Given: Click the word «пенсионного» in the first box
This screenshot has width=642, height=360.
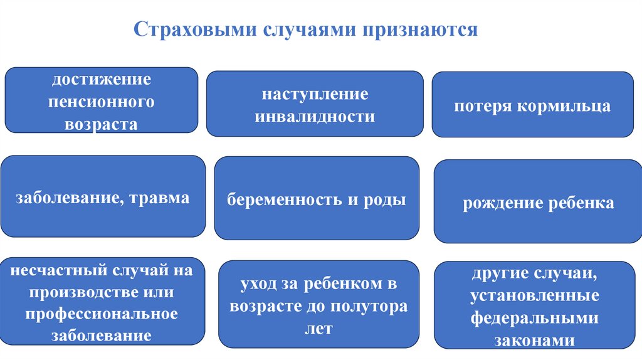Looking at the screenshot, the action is coord(101,102).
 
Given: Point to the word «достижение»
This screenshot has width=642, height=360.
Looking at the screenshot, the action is coord(101,80).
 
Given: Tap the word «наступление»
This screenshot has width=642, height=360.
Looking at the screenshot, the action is coord(315,95).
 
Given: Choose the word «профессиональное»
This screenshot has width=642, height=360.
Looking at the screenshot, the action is coord(101,314).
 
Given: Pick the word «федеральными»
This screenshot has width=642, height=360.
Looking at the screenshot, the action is coord(534,318).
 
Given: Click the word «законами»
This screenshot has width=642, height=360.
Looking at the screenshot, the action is coord(534,340).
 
